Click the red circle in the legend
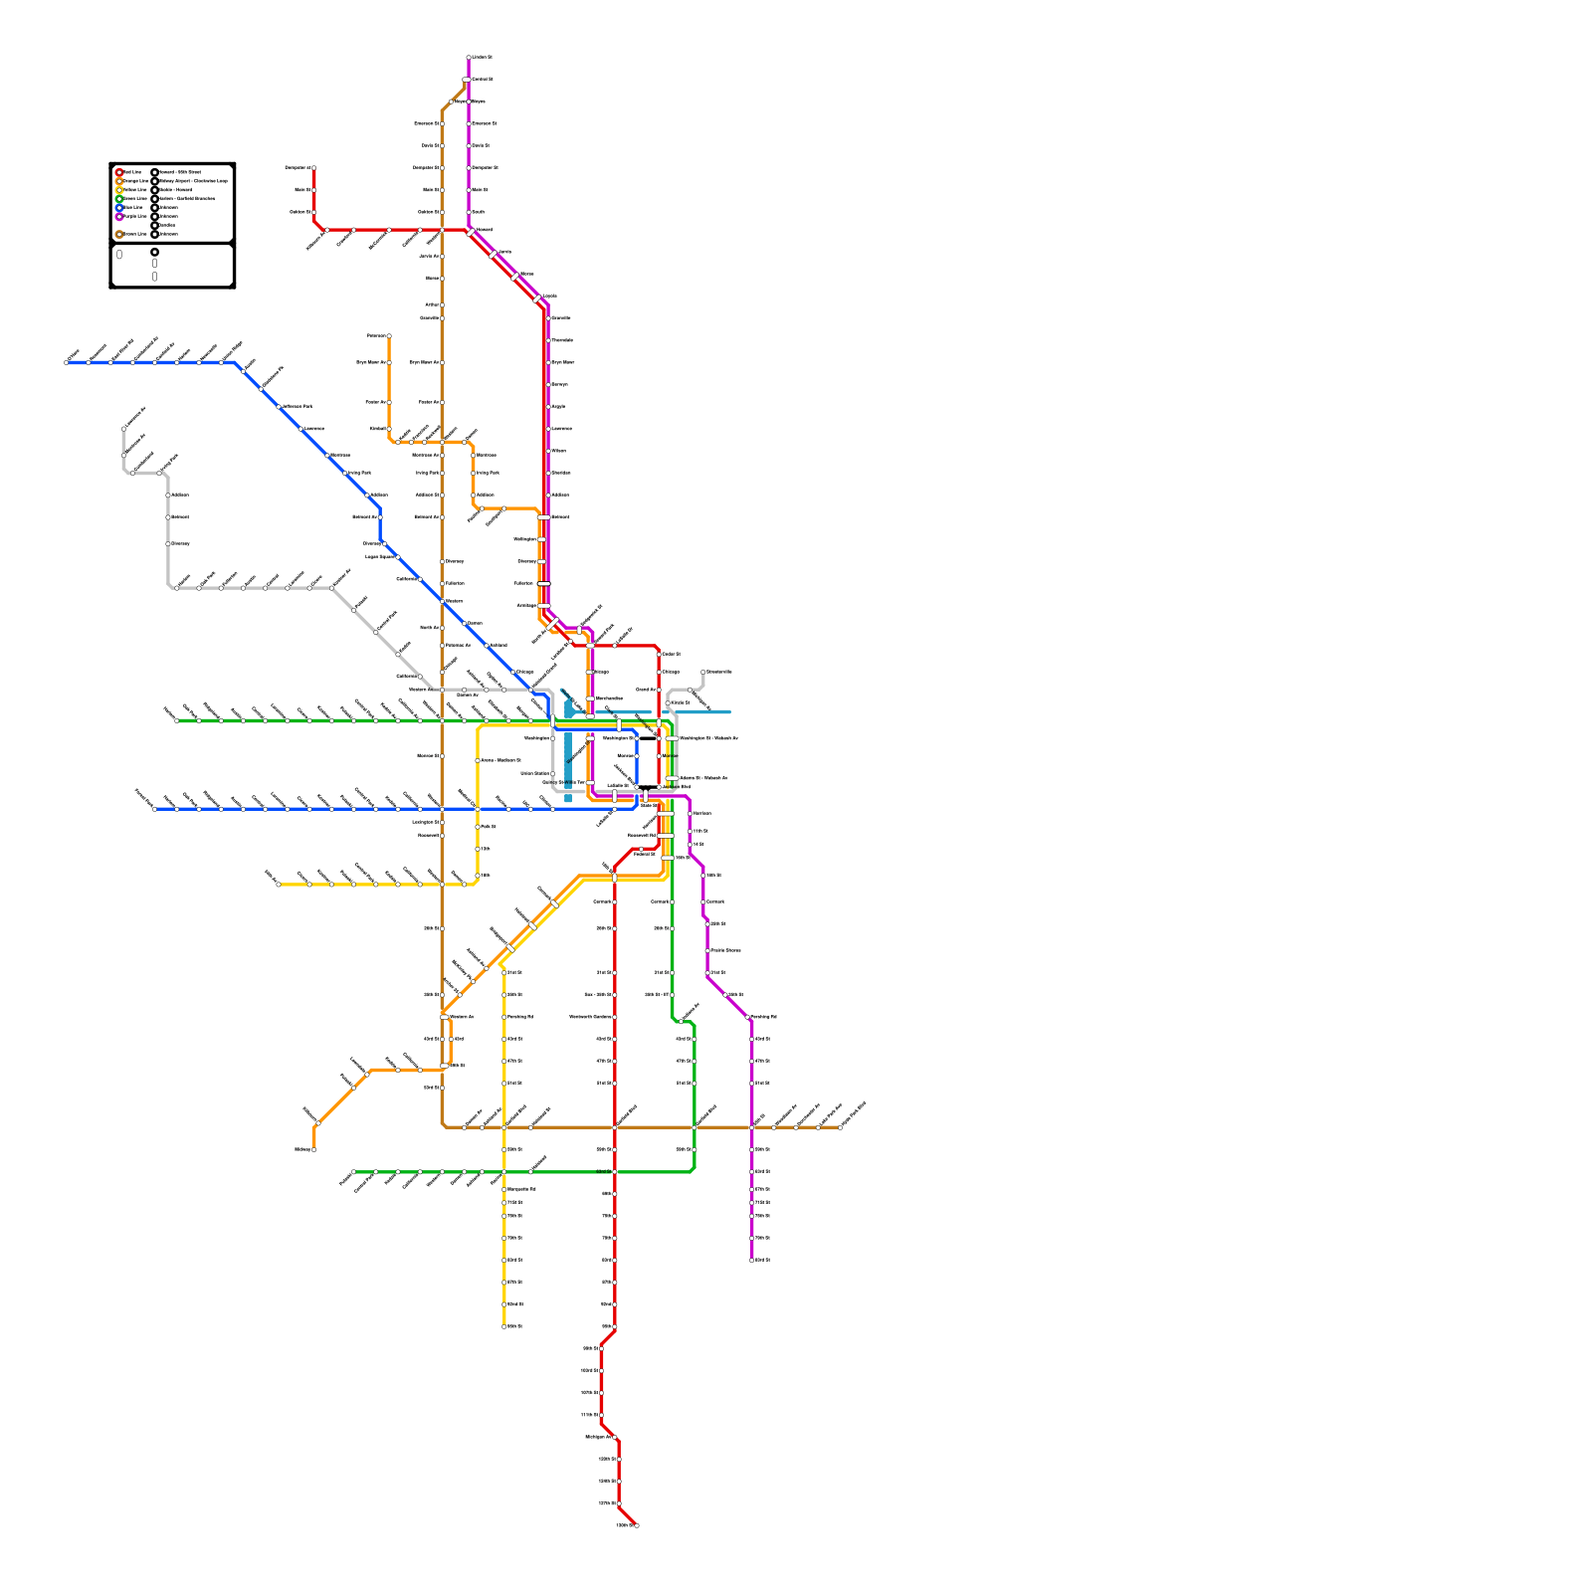[119, 172]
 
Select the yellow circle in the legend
[119, 190]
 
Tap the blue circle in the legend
[119, 208]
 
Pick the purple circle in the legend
[119, 217]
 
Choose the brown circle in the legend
[119, 235]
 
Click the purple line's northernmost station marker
[469, 58]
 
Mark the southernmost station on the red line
[636, 1525]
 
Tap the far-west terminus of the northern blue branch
[67, 362]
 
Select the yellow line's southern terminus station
[504, 1326]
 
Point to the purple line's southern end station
[752, 1261]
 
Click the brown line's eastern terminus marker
[841, 1127]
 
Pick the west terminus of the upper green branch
[176, 720]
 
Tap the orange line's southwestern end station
[313, 1150]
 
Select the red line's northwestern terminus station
[313, 168]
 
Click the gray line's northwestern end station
[124, 428]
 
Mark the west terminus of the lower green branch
[353, 1172]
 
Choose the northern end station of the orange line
[389, 336]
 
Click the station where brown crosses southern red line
[615, 1127]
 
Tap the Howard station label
[484, 230]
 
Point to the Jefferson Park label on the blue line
[298, 406]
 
